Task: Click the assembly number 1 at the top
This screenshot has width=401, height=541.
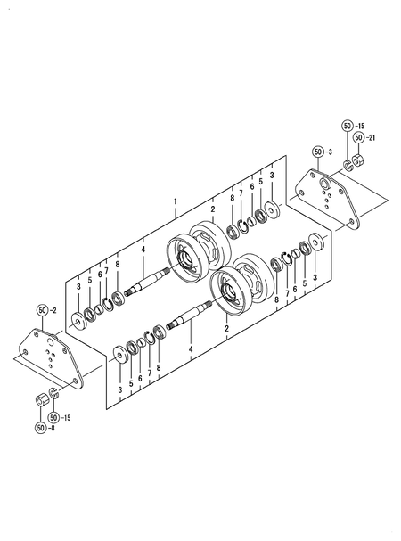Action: pyautogui.click(x=176, y=201)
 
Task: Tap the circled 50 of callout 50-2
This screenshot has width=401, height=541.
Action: pyautogui.click(x=44, y=310)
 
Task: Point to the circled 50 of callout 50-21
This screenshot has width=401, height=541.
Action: pyautogui.click(x=358, y=138)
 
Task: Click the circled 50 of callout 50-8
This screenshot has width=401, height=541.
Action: pyautogui.click(x=40, y=429)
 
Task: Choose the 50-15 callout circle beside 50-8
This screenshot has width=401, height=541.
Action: pyautogui.click(x=55, y=416)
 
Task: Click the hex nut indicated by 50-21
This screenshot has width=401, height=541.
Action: pyautogui.click(x=358, y=160)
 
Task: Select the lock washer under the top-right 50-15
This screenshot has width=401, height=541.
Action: pyautogui.click(x=347, y=165)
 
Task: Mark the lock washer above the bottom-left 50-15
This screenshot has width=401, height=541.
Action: pyautogui.click(x=55, y=392)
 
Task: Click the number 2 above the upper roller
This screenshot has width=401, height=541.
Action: pyautogui.click(x=213, y=209)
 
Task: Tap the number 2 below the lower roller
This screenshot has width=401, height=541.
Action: pyautogui.click(x=227, y=329)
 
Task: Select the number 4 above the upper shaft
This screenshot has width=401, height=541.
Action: pyautogui.click(x=143, y=251)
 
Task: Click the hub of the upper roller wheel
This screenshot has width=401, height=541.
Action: pyautogui.click(x=189, y=258)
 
